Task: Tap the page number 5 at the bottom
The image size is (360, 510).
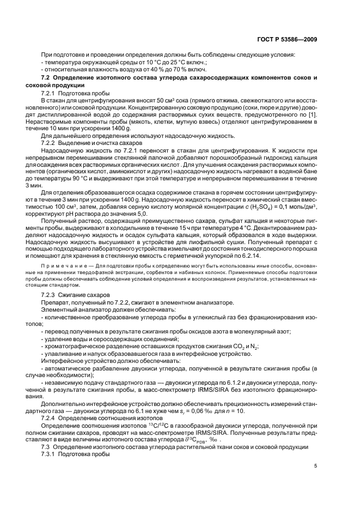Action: [x=315, y=466]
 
